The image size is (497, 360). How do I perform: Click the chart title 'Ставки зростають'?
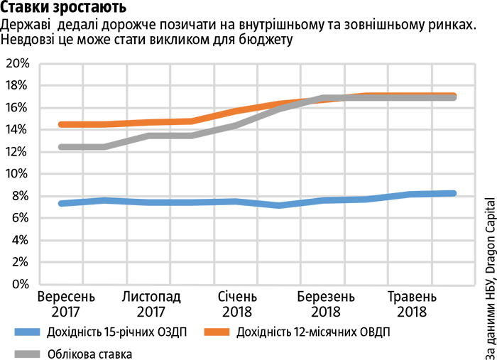pyautogui.click(x=64, y=9)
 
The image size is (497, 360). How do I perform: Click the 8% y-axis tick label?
pyautogui.click(x=20, y=196)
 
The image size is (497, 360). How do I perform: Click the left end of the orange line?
pyautogui.click(x=62, y=124)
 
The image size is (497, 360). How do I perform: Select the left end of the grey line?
pyautogui.click(x=62, y=147)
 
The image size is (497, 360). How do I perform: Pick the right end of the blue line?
pyautogui.click(x=453, y=193)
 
